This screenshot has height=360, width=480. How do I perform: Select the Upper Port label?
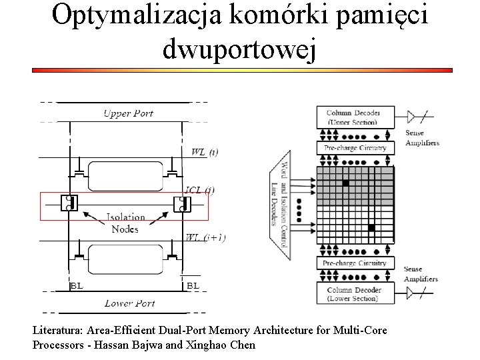click(x=128, y=113)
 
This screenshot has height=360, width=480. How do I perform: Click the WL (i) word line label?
click(x=204, y=152)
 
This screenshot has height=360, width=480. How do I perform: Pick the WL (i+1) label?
click(x=205, y=237)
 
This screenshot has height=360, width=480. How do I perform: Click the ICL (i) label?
click(x=200, y=190)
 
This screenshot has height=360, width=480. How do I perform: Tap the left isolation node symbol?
click(x=69, y=204)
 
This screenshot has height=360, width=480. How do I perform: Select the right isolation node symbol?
click(x=180, y=204)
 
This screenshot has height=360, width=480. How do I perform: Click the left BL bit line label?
click(x=77, y=285)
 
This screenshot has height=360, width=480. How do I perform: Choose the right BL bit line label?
click(x=192, y=285)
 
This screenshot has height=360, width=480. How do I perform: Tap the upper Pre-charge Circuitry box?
click(x=355, y=147)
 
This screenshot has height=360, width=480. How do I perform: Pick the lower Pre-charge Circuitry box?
click(x=355, y=263)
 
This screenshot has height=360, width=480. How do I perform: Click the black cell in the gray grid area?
click(x=345, y=182)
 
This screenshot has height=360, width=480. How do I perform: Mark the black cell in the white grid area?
click(x=371, y=229)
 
